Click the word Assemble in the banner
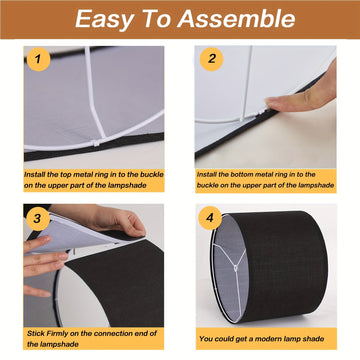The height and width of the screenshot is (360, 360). point(236,19)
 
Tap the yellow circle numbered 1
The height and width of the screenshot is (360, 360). point(38,59)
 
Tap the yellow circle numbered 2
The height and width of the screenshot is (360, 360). point(211,59)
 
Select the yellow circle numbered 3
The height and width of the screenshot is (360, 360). point(37,219)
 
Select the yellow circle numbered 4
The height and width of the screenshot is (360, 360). point(210,218)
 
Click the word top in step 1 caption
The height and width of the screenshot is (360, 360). point(65,175)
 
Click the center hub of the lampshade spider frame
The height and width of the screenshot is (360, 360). point(236,268)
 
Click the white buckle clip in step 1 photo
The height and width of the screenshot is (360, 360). point(97,143)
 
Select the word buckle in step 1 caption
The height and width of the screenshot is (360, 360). point(153,175)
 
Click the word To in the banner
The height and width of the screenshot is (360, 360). point(156,19)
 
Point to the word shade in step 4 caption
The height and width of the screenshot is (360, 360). point(315,339)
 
